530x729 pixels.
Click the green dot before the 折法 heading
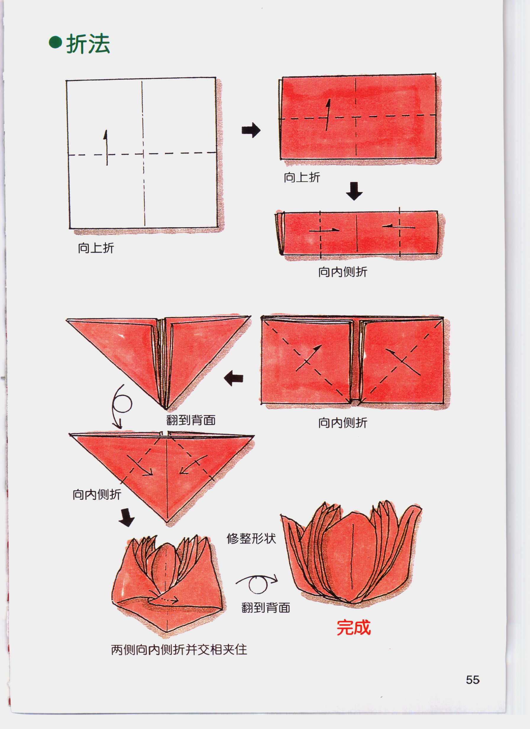point(55,43)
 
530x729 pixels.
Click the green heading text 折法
point(88,44)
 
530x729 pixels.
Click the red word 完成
point(353,627)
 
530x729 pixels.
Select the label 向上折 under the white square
point(96,248)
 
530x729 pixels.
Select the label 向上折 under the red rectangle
point(301,178)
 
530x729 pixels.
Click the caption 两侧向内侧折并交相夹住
point(179,650)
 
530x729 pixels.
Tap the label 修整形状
point(251,538)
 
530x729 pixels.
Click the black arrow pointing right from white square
point(251,130)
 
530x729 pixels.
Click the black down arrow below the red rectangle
point(354,191)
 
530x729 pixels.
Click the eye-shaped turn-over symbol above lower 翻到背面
point(257,583)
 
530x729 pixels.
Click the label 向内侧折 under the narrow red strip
point(342,272)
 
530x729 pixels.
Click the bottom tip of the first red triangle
point(166,409)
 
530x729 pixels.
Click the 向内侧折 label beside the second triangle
point(96,494)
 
